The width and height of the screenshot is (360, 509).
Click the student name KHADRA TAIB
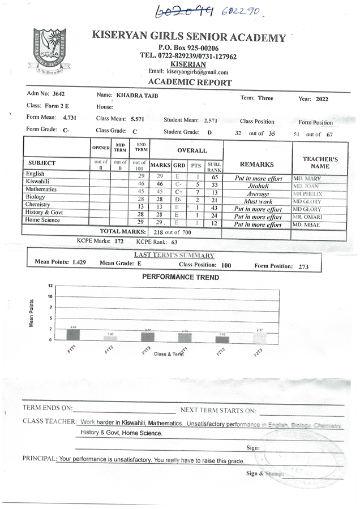click(x=137, y=96)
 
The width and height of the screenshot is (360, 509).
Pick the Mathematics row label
click(x=41, y=189)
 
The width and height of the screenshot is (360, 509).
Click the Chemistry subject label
click(x=38, y=204)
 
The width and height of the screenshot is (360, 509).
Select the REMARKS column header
click(x=257, y=164)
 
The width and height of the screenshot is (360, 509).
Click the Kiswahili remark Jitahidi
click(x=258, y=186)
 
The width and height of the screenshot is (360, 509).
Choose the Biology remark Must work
click(x=258, y=201)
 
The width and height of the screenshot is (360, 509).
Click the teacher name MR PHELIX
click(x=307, y=194)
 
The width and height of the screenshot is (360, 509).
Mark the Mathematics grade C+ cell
click(x=179, y=192)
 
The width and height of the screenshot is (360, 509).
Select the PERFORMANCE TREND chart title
click(x=180, y=277)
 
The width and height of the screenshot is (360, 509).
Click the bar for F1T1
click(x=73, y=334)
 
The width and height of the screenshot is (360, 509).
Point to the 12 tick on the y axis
click(x=50, y=286)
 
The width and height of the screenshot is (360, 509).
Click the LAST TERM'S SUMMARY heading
click(x=174, y=255)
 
